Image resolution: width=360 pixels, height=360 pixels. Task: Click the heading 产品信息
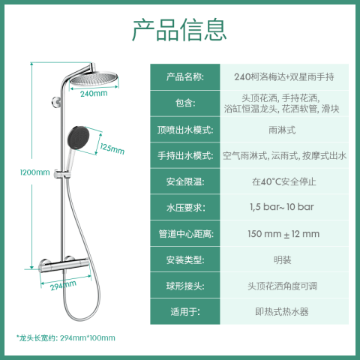tap(179, 30)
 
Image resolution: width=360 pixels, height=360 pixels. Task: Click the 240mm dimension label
tap(94, 94)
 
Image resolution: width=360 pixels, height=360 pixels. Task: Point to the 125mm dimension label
tap(112, 148)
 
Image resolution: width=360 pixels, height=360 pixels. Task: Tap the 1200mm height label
tap(34, 172)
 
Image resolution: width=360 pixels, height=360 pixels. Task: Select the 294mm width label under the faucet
tap(63, 286)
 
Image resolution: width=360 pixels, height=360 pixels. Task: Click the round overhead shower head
tap(94, 79)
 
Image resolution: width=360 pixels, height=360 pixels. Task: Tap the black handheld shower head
tap(78, 137)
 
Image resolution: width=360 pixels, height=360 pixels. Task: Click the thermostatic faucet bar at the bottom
tap(64, 266)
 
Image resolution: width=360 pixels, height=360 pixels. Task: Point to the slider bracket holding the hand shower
tap(61, 174)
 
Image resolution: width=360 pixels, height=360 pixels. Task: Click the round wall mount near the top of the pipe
tap(55, 102)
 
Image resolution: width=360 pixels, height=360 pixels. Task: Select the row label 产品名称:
tap(185, 76)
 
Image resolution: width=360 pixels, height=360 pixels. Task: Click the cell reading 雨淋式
tap(282, 130)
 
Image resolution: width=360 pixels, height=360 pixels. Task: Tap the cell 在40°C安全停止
tap(284, 181)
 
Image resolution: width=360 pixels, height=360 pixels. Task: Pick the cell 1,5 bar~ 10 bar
tap(282, 207)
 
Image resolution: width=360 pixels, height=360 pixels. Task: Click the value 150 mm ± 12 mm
tap(283, 234)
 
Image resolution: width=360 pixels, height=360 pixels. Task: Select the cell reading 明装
tap(282, 260)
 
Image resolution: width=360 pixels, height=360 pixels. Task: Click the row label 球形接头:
tap(185, 286)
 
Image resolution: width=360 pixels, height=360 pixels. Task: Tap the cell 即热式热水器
tap(282, 312)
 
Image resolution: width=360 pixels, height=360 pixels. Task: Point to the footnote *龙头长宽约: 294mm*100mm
tap(66, 338)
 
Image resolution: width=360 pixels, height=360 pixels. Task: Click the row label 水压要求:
tap(185, 208)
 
